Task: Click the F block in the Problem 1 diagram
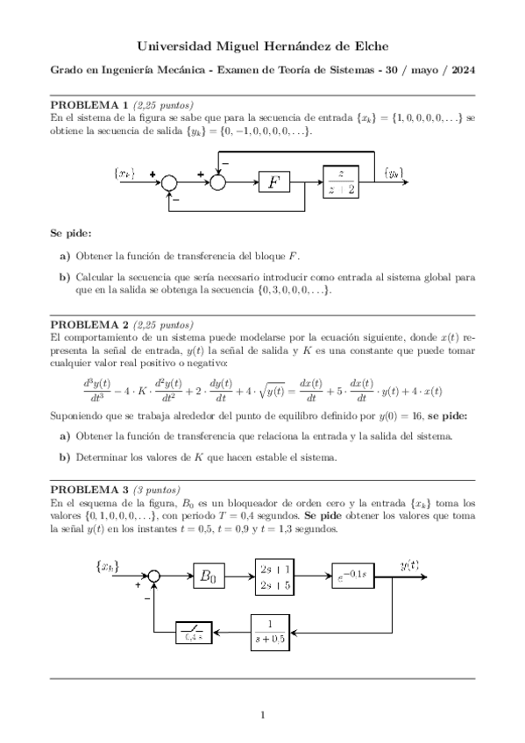click(x=274, y=181)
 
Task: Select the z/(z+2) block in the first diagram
click(x=346, y=181)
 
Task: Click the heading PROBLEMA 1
click(x=89, y=104)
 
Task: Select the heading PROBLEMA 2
click(x=89, y=323)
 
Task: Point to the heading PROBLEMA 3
click(x=89, y=489)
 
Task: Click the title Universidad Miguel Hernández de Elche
click(x=262, y=46)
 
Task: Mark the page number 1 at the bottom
click(x=262, y=716)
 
